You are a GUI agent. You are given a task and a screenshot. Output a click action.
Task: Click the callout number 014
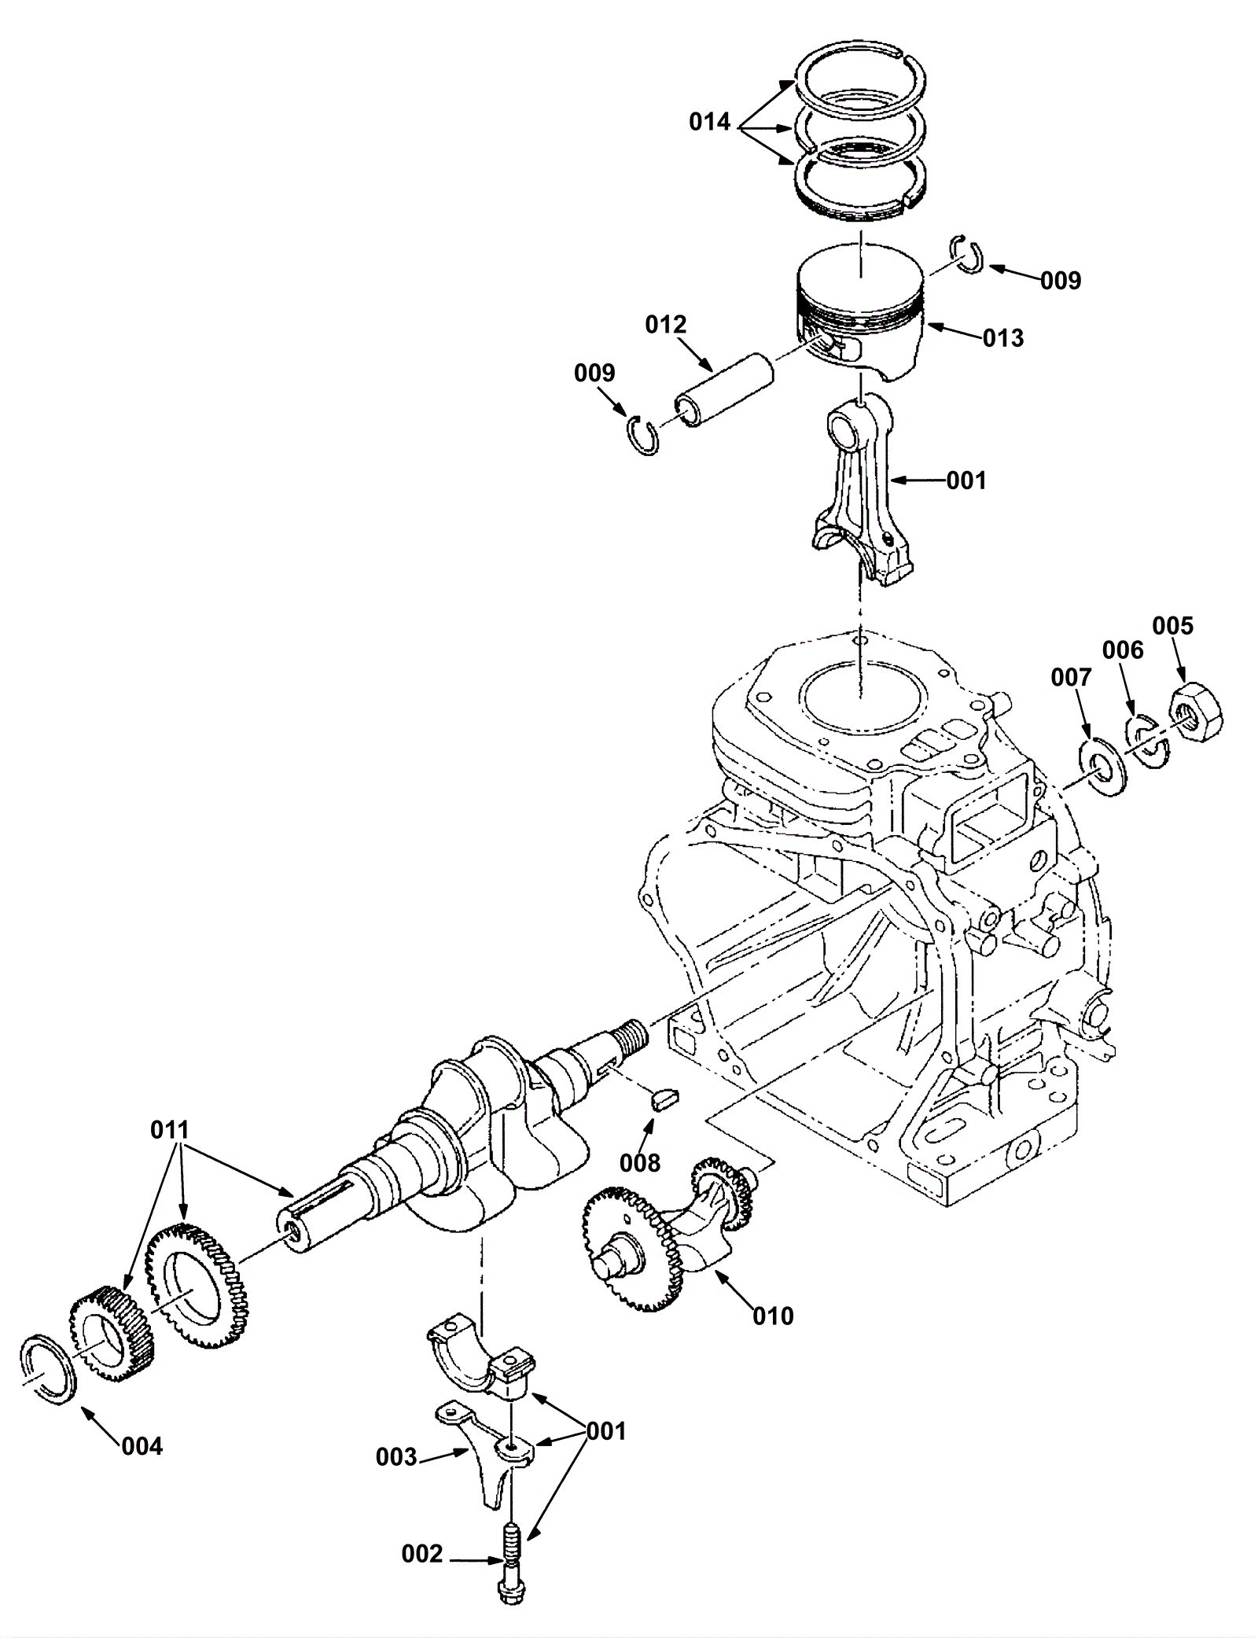710,123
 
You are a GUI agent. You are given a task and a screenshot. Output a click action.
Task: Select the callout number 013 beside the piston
1003,338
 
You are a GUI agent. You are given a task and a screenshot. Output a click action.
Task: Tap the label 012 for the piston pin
666,325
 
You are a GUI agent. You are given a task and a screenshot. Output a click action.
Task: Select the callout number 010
773,1315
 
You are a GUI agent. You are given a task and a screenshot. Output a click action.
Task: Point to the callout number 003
395,1457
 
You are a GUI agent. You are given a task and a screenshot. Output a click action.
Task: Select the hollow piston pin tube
724,390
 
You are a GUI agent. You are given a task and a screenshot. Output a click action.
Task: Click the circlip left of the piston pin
646,436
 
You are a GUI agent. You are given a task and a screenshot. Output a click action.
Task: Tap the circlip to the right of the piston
967,255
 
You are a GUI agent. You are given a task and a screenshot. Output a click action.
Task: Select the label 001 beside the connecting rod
966,480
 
